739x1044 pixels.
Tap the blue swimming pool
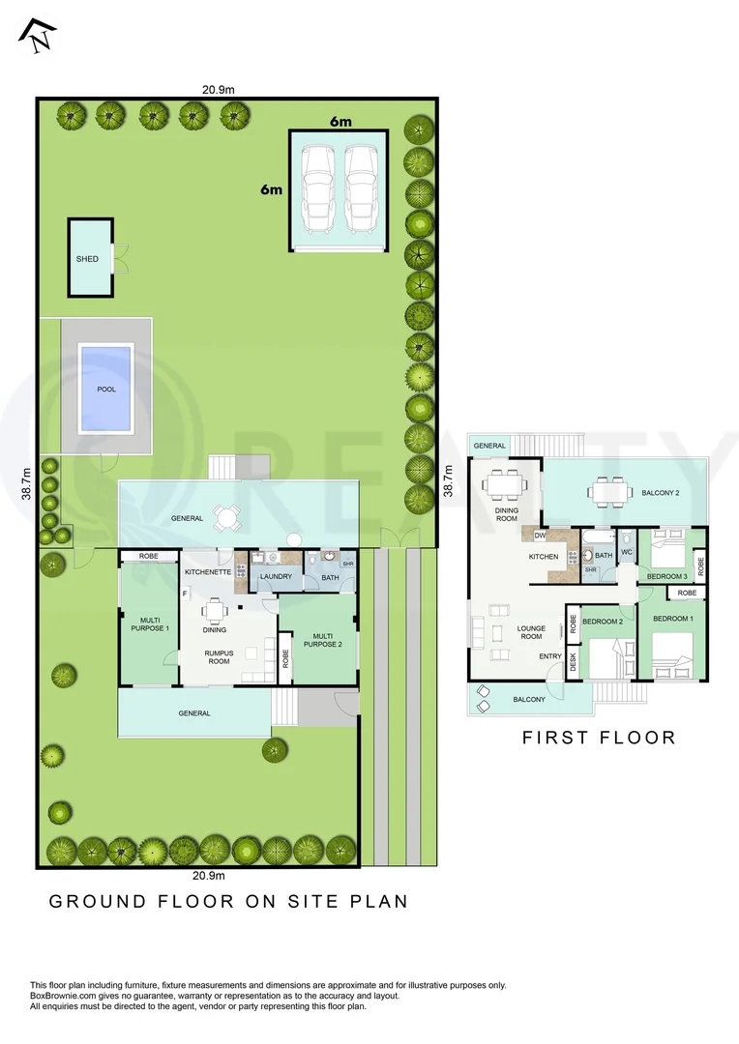[105, 390]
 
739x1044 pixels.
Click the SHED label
[87, 259]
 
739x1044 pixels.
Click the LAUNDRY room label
[276, 577]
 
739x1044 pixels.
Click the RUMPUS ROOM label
[217, 657]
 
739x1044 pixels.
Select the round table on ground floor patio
[226, 518]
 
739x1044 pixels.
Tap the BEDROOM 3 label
[665, 577]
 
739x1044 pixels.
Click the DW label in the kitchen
[540, 535]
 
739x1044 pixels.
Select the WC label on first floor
[626, 552]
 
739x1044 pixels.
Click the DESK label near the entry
[573, 662]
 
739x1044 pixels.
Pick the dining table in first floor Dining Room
[506, 481]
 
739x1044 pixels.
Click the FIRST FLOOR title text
[599, 738]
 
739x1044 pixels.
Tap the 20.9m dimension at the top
[219, 90]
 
